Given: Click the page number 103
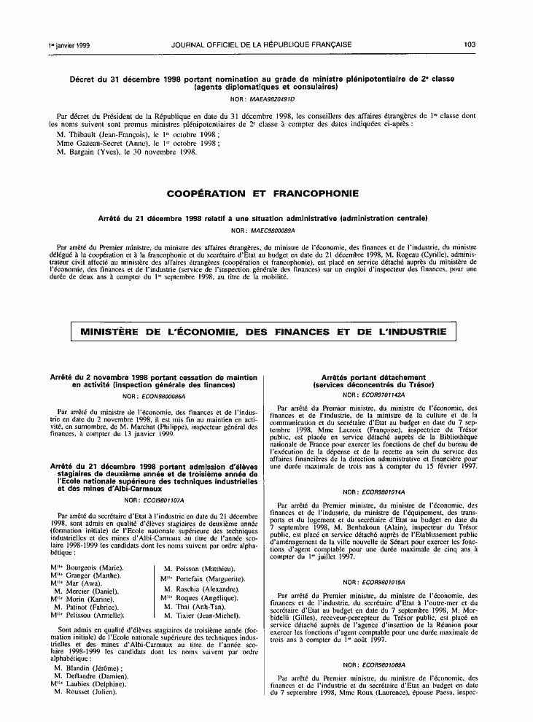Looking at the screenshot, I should point(469,44).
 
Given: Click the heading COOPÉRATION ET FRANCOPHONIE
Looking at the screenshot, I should point(262,194).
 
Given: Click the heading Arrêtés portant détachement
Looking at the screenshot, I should point(373,376).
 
